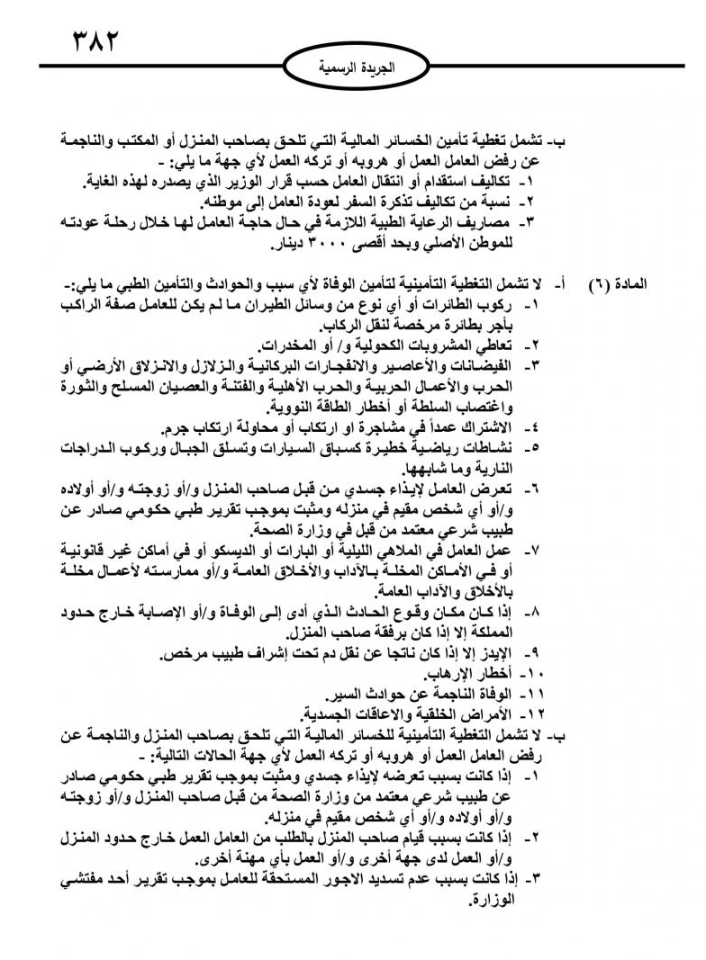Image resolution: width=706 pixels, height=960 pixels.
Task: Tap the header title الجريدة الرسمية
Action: point(358,67)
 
